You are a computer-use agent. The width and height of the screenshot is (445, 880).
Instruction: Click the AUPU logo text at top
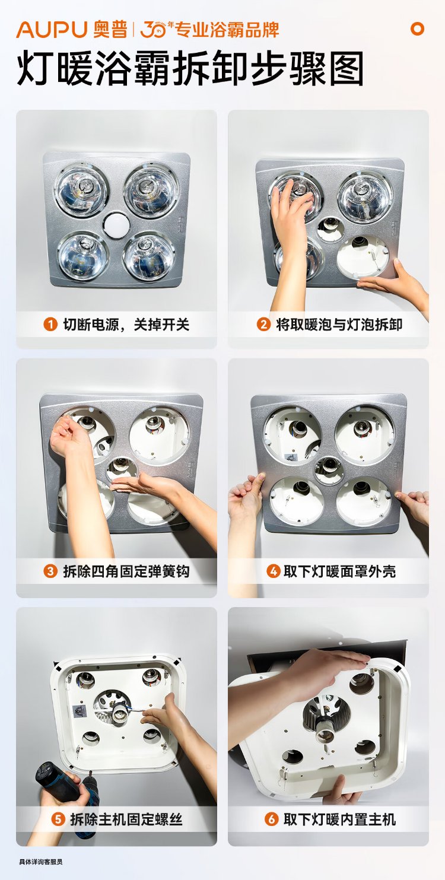(x=52, y=30)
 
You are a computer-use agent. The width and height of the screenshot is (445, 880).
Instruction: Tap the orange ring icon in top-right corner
(x=417, y=28)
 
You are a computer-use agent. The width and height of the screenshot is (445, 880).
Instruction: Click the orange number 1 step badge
(x=50, y=325)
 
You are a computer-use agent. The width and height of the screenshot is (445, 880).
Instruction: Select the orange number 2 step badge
(x=263, y=325)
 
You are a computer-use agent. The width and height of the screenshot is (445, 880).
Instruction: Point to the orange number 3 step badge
(x=50, y=571)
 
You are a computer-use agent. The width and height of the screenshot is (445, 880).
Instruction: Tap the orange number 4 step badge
(x=273, y=571)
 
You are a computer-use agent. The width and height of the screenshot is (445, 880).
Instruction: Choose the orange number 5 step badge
(x=58, y=819)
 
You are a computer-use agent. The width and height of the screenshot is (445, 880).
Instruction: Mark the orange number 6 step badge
(x=271, y=819)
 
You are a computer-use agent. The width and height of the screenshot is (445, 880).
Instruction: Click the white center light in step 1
(x=117, y=225)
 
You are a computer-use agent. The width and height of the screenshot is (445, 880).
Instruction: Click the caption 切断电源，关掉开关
(x=126, y=325)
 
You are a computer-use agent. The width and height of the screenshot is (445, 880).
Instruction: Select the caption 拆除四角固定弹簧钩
(x=126, y=571)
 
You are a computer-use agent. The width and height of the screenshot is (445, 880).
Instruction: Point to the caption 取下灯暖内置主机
(x=339, y=819)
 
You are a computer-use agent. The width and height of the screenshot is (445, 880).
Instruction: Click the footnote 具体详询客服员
(x=41, y=862)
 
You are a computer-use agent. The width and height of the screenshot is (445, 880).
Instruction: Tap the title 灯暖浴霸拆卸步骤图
(x=190, y=69)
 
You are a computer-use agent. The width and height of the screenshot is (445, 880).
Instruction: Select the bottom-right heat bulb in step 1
(x=149, y=257)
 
